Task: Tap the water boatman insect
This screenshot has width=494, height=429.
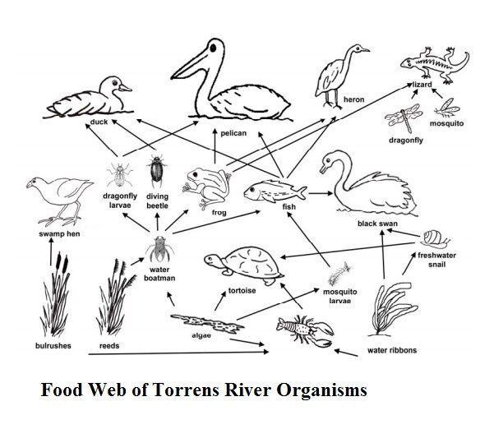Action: (158, 249)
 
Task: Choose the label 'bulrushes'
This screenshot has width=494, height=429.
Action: (53, 346)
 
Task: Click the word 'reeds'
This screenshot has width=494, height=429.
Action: (109, 346)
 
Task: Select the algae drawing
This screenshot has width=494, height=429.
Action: (204, 321)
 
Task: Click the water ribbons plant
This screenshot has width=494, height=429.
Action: (389, 308)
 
